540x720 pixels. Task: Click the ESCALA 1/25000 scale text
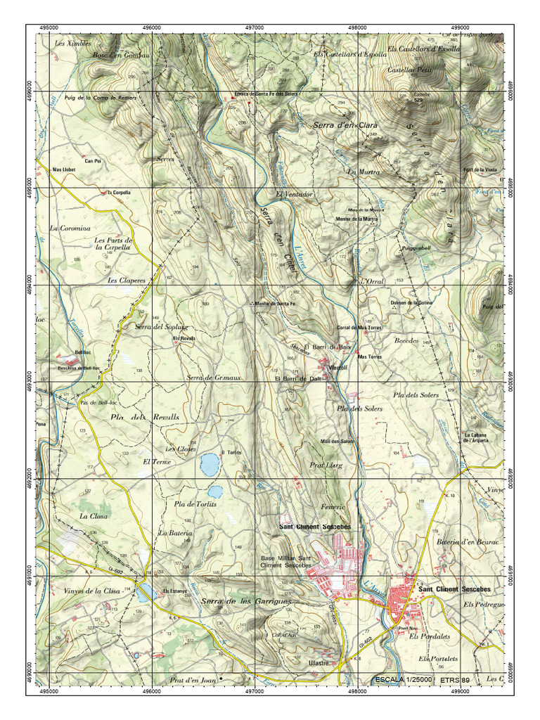coord(404,680)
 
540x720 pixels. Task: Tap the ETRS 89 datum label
coord(455,680)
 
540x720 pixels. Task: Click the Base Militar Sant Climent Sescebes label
coord(286,561)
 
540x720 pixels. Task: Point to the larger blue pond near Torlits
coord(209,463)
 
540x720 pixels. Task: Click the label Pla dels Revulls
coord(145,417)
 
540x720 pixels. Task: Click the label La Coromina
coord(70,229)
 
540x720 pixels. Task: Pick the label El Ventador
coord(294,194)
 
